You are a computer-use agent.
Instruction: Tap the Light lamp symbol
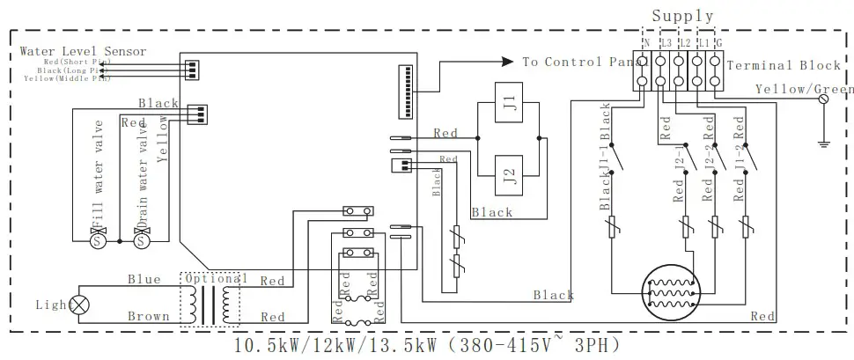click(x=80, y=305)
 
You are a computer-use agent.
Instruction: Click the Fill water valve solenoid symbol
click(x=99, y=239)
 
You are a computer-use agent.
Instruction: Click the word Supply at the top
click(x=683, y=16)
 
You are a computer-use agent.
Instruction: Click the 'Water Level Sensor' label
click(x=83, y=52)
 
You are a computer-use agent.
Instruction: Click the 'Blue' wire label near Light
click(x=144, y=280)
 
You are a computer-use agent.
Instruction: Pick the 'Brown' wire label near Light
click(x=148, y=316)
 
